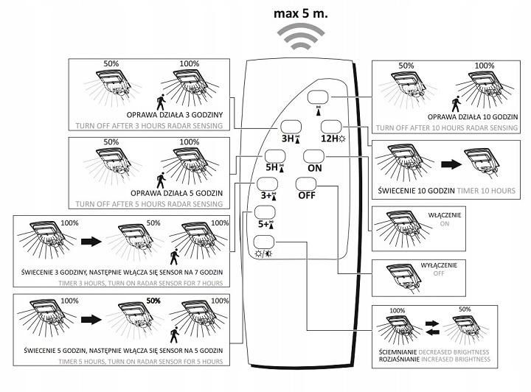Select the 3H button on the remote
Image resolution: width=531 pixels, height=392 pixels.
289,126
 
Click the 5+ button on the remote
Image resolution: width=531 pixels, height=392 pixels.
264,213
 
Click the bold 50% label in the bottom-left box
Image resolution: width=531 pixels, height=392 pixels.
153,301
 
